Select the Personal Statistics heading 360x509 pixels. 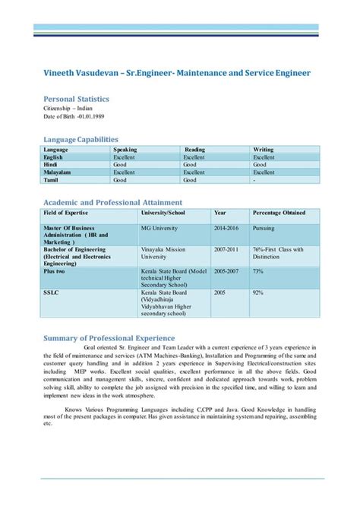[76, 99]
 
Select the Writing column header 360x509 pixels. [264, 150]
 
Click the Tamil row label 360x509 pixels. [52, 180]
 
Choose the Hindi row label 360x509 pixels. [52, 164]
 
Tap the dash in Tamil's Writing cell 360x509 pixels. [254, 180]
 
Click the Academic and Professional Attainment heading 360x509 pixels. [112, 202]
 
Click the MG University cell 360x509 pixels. [161, 227]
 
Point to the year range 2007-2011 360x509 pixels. [226, 249]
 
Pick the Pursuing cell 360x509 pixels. [264, 227]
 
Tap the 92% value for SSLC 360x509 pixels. [258, 292]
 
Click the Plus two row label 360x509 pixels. [55, 270]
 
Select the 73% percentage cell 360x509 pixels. [258, 270]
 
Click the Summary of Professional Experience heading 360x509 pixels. [109, 338]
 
